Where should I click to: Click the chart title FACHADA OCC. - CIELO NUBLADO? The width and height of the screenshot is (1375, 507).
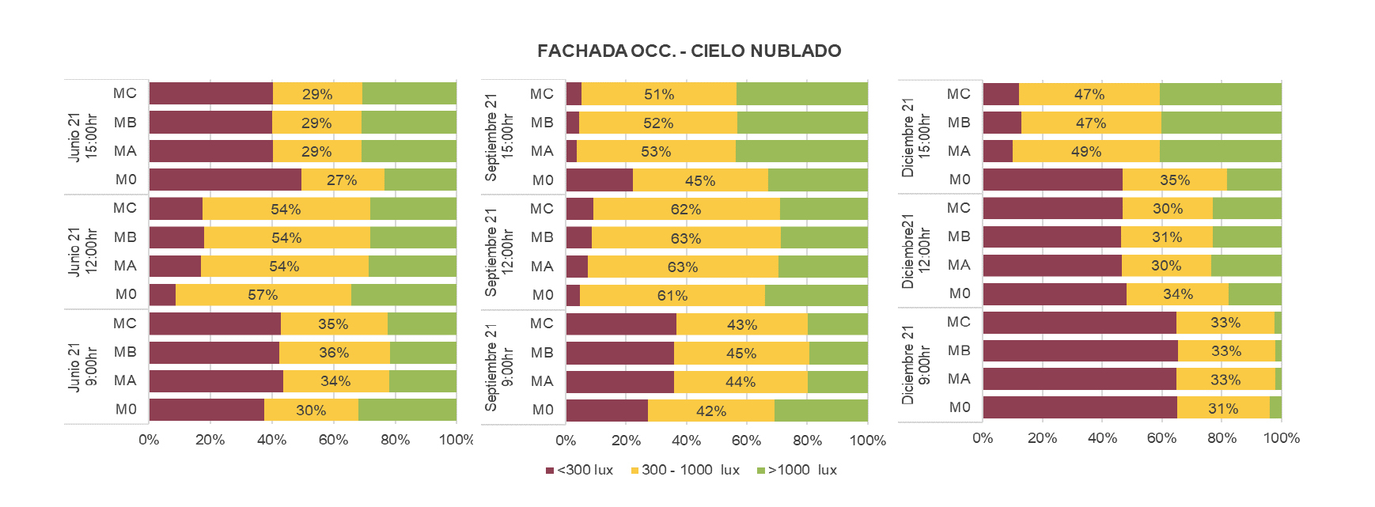click(688, 51)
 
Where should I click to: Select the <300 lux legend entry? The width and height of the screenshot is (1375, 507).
click(579, 470)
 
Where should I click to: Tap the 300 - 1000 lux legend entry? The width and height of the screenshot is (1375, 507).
click(685, 470)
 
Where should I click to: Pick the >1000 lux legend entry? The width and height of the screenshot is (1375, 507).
click(797, 470)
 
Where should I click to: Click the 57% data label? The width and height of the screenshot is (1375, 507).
click(263, 295)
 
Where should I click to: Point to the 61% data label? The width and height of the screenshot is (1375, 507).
click(672, 296)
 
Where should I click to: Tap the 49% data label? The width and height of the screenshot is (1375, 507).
click(1086, 151)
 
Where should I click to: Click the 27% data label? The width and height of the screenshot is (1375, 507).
click(342, 180)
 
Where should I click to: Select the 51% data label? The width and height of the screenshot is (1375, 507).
click(659, 94)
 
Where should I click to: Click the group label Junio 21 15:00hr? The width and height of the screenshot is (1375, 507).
click(82, 137)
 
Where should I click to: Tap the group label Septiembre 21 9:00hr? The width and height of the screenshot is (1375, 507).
click(499, 367)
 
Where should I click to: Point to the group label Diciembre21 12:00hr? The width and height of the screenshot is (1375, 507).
click(916, 251)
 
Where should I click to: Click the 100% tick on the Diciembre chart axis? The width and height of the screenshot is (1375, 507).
click(1282, 438)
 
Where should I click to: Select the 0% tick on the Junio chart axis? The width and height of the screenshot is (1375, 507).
click(149, 440)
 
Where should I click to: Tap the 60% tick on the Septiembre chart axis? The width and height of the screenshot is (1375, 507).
click(746, 441)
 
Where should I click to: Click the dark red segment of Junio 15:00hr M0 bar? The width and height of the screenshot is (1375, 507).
click(225, 180)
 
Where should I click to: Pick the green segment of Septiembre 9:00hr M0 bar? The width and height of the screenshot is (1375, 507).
click(820, 411)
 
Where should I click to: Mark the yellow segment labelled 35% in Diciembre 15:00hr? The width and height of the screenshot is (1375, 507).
click(1174, 180)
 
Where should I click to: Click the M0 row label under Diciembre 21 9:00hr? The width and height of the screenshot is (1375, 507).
click(960, 407)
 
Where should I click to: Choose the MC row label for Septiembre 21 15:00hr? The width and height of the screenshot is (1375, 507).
click(542, 94)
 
